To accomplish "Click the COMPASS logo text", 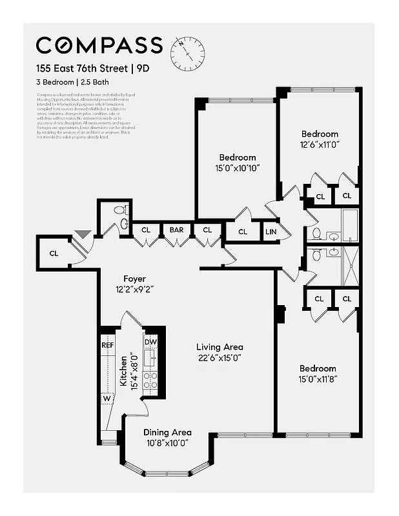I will pos(99,45).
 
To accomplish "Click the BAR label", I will pos(176,229).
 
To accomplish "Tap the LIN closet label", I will pos(270,232).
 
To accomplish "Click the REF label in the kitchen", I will pos(108,345).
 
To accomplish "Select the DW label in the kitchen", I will pos(150,342).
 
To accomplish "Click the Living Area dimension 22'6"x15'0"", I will pos(220,358).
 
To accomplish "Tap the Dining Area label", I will pos(167,432).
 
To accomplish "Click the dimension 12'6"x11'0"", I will pos(320,144).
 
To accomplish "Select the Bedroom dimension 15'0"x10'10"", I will pos(237,168).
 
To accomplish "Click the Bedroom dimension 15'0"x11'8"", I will pos(317,379).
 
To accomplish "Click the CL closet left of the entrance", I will pos(54,253).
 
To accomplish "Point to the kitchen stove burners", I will pos(150,380).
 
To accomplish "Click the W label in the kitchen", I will pos(107,399).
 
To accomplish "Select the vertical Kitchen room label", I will pos(123,371).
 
